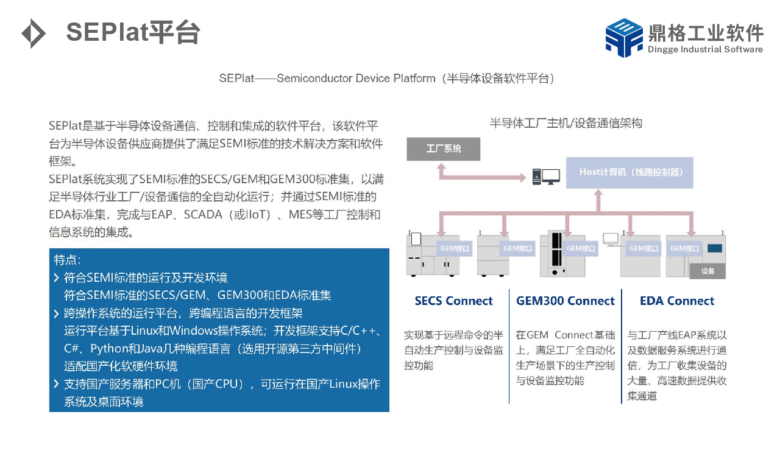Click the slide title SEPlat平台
click(133, 32)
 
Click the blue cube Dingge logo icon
click(624, 38)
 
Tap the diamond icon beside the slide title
click(34, 33)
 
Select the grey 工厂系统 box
click(443, 149)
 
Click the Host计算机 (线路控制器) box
click(629, 172)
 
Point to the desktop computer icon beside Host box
click(546, 177)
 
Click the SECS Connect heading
click(453, 301)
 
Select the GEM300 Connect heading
click(565, 301)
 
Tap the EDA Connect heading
click(677, 301)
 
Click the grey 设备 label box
click(707, 271)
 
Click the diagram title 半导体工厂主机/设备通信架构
click(566, 123)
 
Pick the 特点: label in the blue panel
click(67, 260)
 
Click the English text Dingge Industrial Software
click(705, 49)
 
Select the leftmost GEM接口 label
click(455, 248)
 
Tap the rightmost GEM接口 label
click(684, 248)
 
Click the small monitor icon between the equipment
click(611, 240)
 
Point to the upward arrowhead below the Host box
click(598, 193)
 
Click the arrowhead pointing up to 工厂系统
click(441, 167)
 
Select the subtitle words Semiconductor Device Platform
click(356, 79)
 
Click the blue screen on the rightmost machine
click(715, 248)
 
